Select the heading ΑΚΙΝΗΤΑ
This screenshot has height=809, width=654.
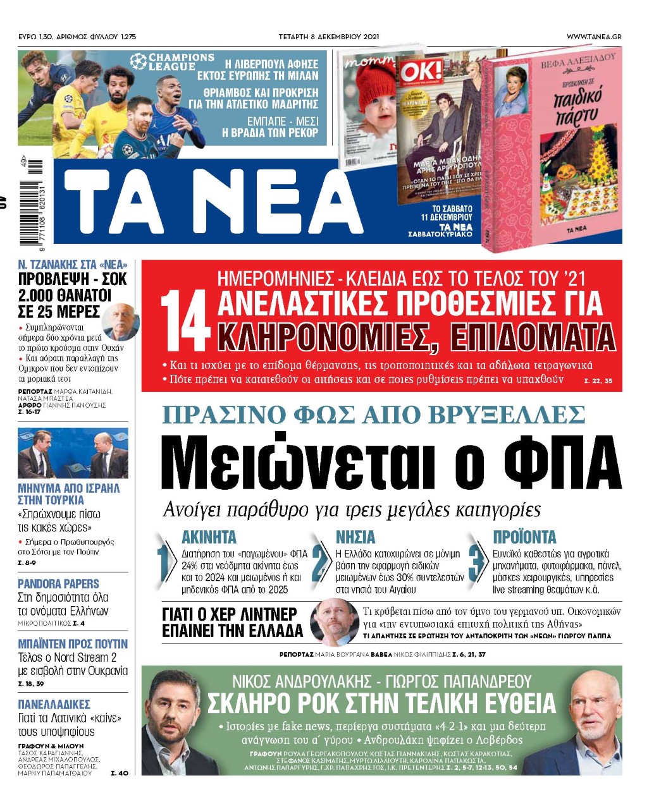209,537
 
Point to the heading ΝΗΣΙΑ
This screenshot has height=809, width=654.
355,537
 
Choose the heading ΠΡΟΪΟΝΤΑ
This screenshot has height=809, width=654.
524,537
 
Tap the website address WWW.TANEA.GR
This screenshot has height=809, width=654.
593,37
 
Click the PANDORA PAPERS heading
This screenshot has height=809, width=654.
58,583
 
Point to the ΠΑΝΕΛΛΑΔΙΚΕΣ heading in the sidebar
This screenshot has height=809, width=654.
54,704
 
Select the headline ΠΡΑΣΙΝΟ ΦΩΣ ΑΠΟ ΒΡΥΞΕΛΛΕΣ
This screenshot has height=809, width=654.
373,415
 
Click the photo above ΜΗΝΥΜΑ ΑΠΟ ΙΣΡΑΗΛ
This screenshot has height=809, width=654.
73,454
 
